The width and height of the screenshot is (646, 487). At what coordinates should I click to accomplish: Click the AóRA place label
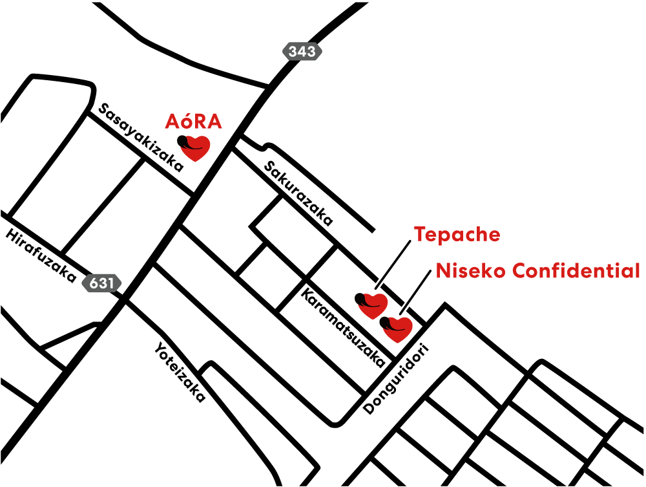pyautogui.click(x=193, y=122)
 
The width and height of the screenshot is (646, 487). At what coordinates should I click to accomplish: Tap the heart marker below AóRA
pyautogui.click(x=195, y=148)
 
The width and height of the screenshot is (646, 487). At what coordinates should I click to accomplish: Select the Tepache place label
pyautogui.click(x=457, y=234)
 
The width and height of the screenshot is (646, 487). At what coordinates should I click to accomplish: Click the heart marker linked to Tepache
pyautogui.click(x=373, y=305)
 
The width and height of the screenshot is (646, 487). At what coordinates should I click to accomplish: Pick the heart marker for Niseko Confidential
pyautogui.click(x=398, y=329)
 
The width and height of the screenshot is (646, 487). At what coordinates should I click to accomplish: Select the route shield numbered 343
pyautogui.click(x=302, y=52)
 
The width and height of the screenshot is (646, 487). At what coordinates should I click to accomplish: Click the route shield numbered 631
pyautogui.click(x=101, y=283)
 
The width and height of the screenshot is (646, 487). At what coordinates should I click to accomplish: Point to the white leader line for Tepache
pyautogui.click(x=392, y=264)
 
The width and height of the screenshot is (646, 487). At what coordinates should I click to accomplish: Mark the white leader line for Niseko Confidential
pyautogui.click(x=417, y=289)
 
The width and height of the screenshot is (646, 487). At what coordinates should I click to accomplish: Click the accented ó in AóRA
pyautogui.click(x=183, y=122)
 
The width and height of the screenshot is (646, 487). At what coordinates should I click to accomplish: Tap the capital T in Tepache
pyautogui.click(x=420, y=234)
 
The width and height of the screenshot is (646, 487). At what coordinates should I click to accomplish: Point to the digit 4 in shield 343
pyautogui.click(x=302, y=52)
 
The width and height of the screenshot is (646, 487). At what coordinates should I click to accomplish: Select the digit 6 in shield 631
pyautogui.click(x=94, y=283)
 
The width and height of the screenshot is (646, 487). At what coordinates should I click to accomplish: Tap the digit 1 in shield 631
pyautogui.click(x=110, y=283)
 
